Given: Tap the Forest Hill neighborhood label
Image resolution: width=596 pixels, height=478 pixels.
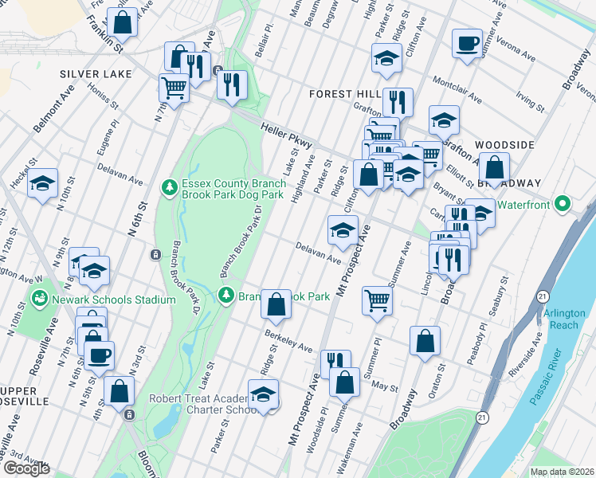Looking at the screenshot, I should pyautogui.click(x=343, y=94).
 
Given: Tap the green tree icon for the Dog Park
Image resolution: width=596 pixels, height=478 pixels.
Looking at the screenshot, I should pyautogui.click(x=168, y=187).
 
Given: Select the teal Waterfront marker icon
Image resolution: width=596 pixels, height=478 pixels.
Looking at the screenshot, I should pyautogui.click(x=564, y=204).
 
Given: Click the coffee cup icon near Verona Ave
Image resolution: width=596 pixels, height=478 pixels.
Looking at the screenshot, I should pyautogui.click(x=467, y=42).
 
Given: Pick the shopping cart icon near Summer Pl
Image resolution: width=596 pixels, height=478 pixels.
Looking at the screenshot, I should pyautogui.click(x=377, y=300).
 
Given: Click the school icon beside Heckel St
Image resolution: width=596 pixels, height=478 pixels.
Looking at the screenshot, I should pyautogui.click(x=42, y=182).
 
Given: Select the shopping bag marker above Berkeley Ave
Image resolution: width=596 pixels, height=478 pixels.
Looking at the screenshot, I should pyautogui.click(x=276, y=303).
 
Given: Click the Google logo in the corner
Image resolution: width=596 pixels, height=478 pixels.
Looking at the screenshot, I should pyautogui.click(x=26, y=468).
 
